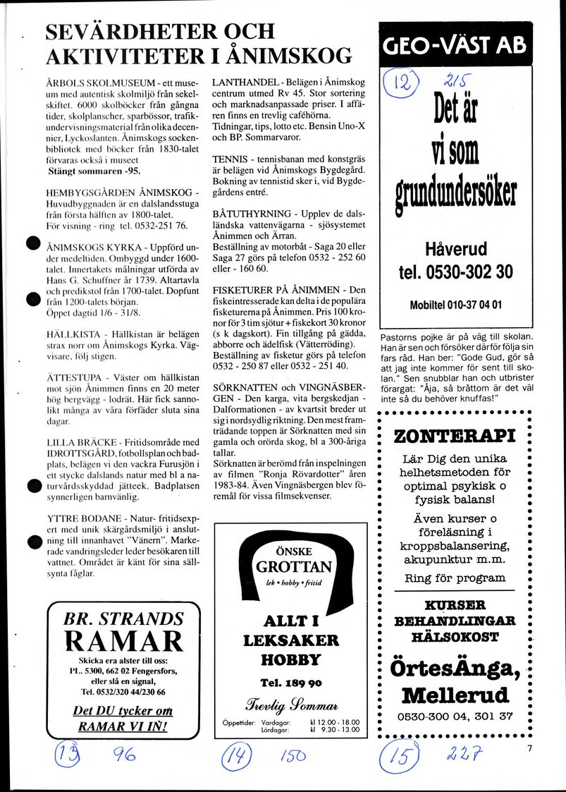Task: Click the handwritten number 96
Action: (125, 757)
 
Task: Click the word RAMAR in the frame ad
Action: (123, 642)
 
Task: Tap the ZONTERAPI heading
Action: (455, 437)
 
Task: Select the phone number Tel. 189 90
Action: (290, 683)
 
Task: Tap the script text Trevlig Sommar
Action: (291, 705)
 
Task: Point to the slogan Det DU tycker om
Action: (123, 712)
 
